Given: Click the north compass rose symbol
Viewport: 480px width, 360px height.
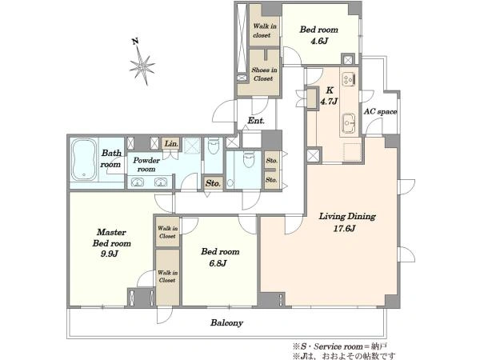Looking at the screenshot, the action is point(142,65).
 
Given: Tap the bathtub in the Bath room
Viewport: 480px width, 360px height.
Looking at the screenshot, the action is point(84,159).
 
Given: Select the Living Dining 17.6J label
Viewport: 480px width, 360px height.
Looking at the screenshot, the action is point(347,222).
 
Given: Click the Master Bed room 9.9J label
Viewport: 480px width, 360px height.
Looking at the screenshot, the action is point(111,242).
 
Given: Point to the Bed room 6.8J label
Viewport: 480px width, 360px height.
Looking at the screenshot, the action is point(220,257).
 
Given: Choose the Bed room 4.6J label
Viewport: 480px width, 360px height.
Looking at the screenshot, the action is point(319,35).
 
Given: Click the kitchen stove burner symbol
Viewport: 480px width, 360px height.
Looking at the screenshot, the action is point(349,78).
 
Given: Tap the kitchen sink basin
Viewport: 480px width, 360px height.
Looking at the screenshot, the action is point(349,122).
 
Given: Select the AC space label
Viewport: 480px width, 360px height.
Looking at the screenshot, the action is point(380,112).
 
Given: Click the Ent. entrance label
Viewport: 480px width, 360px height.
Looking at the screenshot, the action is point(256,121).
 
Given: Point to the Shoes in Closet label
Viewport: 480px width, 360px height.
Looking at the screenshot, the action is point(264,74).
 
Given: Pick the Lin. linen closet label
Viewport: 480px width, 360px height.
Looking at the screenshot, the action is point(171,143).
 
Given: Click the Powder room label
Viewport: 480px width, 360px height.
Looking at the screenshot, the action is point(146,165).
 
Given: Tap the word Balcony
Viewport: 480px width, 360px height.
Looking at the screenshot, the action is point(226,322).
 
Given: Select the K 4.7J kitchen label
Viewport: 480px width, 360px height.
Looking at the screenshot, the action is point(329,95).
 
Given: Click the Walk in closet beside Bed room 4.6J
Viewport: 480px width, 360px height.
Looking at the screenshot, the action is point(265,30).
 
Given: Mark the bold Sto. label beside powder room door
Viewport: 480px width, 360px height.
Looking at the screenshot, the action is point(213,183).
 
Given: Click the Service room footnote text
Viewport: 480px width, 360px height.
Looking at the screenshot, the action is point(340,346).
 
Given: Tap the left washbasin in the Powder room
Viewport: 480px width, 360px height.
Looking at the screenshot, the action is point(138,182).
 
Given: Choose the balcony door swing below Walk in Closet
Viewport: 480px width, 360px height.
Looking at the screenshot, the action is point(165,315).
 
